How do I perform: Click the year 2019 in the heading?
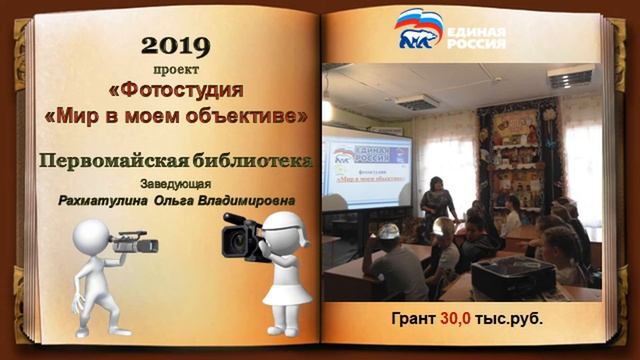click(x=177, y=45)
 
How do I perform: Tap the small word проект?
click(x=176, y=70)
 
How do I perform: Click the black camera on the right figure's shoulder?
click(x=246, y=235)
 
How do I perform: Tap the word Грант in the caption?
click(x=413, y=319)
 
